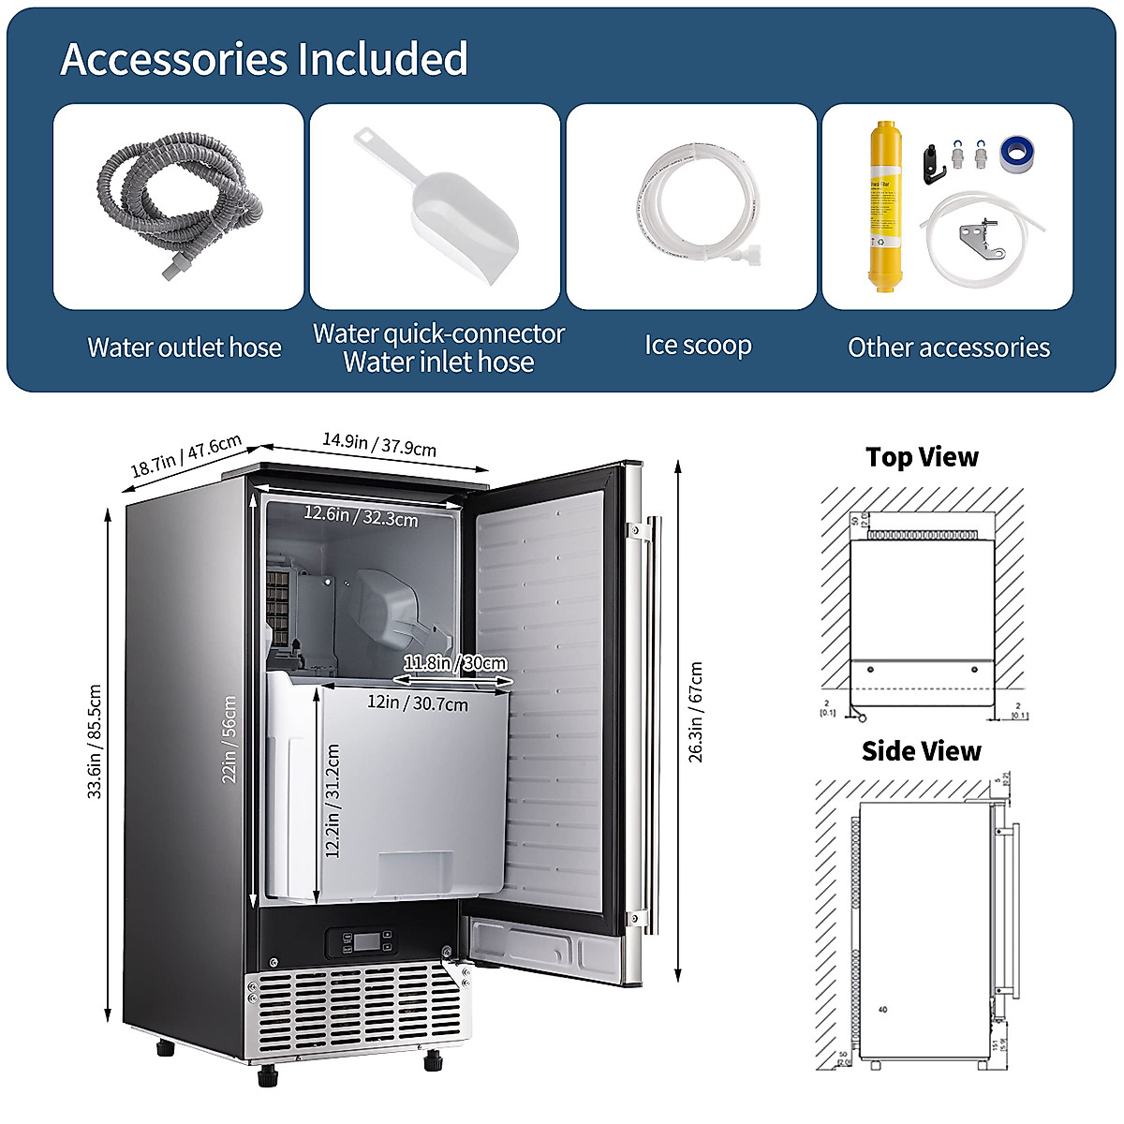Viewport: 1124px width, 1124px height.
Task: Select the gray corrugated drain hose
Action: click(178, 201)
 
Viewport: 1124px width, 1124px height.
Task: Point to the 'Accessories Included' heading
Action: click(264, 59)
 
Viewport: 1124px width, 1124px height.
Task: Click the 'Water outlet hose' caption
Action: click(185, 348)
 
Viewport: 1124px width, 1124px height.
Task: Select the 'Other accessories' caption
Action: click(948, 348)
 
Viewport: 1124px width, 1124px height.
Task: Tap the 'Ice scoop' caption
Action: click(698, 346)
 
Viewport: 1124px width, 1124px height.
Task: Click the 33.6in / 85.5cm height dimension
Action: click(95, 741)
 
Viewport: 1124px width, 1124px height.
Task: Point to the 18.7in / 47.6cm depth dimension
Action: click(185, 455)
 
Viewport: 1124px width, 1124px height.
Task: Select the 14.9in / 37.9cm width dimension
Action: click(379, 443)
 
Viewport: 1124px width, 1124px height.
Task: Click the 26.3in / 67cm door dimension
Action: click(696, 712)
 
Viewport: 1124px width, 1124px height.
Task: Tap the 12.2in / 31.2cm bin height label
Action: click(333, 801)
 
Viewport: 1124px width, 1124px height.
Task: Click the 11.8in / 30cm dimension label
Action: click(455, 663)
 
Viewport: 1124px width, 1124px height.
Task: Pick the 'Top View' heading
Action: click(922, 457)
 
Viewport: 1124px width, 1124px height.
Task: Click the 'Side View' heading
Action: click(921, 751)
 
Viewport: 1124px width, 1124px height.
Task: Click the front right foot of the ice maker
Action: click(433, 1060)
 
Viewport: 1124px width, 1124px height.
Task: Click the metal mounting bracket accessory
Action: click(980, 240)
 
